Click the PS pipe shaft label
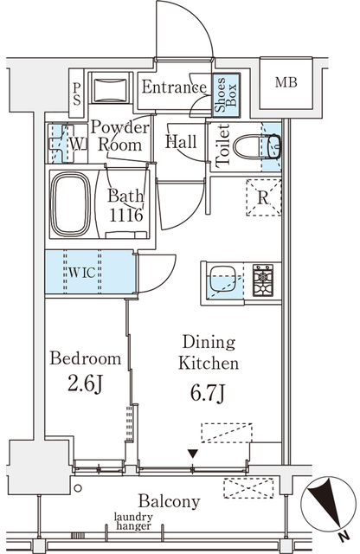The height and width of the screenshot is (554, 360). pos(76,93)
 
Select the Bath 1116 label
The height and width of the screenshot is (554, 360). pos(125,205)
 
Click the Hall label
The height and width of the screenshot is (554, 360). pos(180,142)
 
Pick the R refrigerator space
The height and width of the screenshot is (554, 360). pos(263,194)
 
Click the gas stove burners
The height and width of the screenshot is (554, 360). pos(262,280)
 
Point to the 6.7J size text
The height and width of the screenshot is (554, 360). pos(209,396)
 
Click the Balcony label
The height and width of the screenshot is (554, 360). pos(170,501)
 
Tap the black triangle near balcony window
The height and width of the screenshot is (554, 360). pos(194,453)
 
